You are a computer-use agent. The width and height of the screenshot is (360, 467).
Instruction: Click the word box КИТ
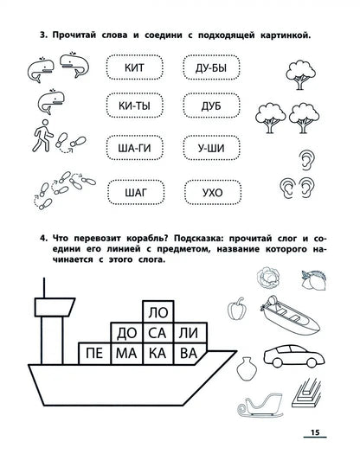134,67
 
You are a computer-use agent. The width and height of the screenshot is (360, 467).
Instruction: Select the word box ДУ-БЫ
211,67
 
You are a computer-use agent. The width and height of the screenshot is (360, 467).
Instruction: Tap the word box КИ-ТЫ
134,106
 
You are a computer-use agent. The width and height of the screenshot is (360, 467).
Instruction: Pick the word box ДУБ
211,106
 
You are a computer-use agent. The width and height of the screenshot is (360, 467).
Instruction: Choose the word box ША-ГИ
134,148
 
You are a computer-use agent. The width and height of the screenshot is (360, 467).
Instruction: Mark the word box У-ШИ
211,148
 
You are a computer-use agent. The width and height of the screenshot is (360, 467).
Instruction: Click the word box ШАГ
136,192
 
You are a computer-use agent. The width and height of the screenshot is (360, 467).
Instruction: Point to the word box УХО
213,192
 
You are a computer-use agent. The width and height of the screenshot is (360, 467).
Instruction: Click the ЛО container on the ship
158,312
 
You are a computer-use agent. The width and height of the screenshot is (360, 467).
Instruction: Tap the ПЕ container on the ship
94,354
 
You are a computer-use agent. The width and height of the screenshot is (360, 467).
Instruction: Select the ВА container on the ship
190,354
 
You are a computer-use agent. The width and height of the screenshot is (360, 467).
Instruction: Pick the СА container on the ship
158,333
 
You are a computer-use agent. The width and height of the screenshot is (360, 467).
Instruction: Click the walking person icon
42,136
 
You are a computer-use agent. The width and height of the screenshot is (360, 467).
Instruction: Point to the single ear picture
306,160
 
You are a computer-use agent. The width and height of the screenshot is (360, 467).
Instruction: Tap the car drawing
294,355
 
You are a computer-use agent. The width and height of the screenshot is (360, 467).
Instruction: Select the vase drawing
247,368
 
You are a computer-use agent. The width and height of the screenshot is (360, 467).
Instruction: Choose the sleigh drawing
260,405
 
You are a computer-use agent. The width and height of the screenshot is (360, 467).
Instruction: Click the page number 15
315,432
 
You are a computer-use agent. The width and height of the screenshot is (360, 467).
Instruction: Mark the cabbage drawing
268,278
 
